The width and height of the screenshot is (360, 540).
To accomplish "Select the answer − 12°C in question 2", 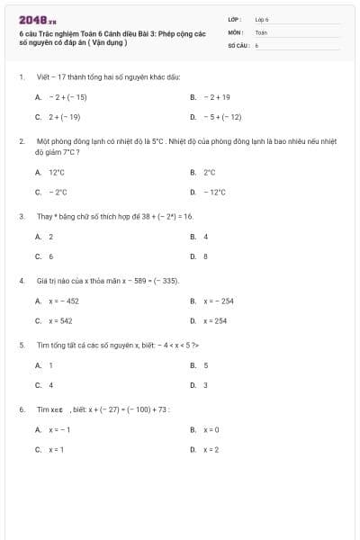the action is click(215, 192).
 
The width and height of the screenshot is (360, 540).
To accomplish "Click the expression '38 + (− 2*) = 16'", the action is click(157, 217).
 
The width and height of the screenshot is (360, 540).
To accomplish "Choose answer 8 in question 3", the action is click(205, 256).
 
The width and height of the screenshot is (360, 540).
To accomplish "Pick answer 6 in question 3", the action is click(50, 256).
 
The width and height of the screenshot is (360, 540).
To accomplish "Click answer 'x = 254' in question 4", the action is click(215, 320).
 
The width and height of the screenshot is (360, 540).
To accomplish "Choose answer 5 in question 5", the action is click(205, 365).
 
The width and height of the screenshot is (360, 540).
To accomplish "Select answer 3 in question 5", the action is click(205, 385).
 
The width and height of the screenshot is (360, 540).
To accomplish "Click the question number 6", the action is click(21, 409).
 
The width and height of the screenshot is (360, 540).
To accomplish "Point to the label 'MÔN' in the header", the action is click(236, 31).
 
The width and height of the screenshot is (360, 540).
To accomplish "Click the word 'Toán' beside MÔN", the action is click(261, 31).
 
